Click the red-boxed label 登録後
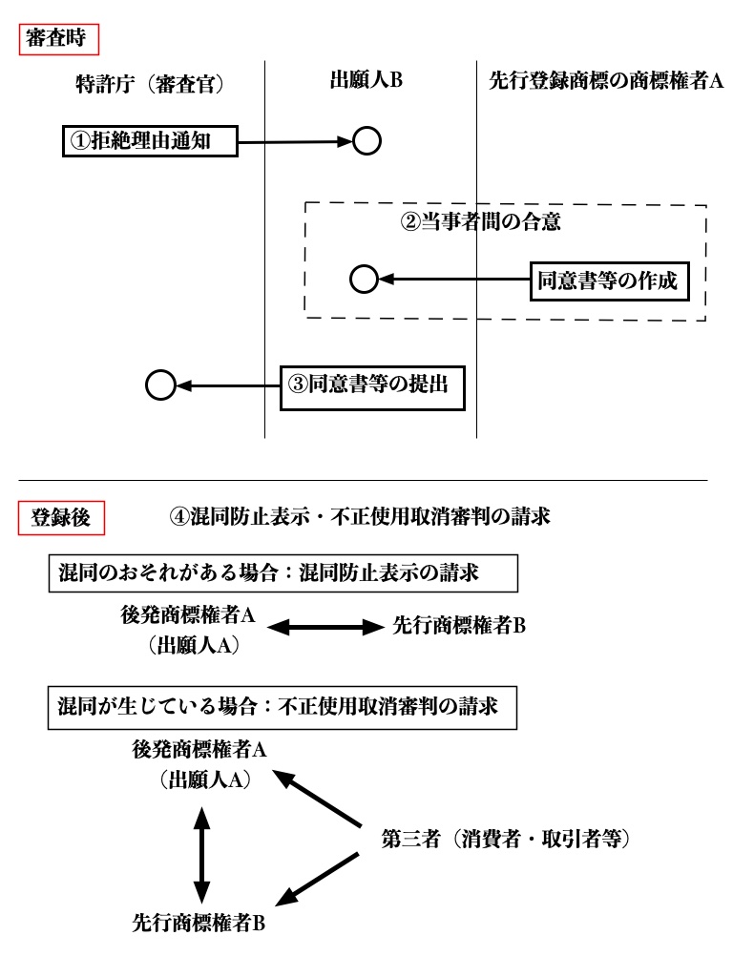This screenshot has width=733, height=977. (61, 520)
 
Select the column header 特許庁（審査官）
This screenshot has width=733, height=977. (149, 84)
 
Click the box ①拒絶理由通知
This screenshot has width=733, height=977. (144, 142)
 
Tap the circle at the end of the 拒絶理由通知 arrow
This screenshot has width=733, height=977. (367, 141)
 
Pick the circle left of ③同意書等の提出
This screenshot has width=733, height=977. (160, 385)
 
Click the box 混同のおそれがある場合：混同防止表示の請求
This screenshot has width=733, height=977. (283, 576)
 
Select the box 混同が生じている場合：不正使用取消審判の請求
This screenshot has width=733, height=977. (283, 709)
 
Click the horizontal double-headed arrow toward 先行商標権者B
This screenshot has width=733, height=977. (324, 628)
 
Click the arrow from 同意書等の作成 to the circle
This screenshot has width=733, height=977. (454, 279)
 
